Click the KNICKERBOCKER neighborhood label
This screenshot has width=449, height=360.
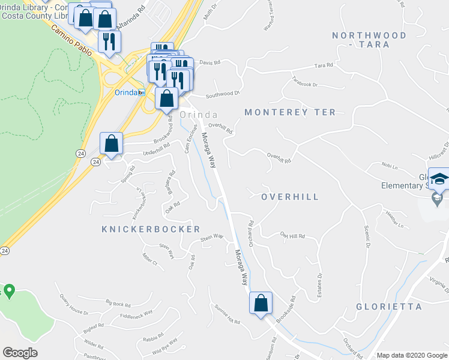(x=151, y=229)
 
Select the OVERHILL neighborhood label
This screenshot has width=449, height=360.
(x=290, y=197)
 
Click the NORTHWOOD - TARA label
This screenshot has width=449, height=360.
(x=369, y=40)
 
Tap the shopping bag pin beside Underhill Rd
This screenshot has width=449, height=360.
(x=111, y=144)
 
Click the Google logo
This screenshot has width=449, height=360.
(x=20, y=352)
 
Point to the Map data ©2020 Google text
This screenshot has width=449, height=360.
(x=411, y=355)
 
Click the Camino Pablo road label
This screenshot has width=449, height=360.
(x=71, y=40)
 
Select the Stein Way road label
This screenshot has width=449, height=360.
(x=212, y=238)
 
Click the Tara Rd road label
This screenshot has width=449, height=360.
(x=323, y=65)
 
